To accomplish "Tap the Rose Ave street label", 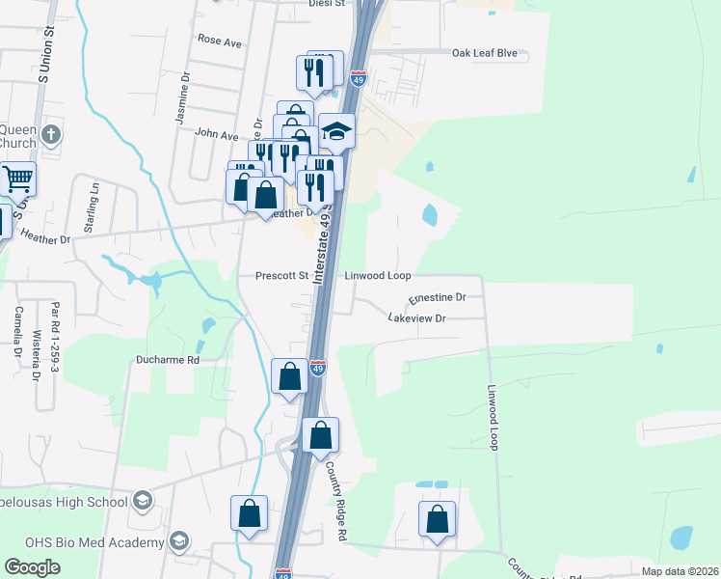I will tap(219, 41).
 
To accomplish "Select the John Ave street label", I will tap(216, 136).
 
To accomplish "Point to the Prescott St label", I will tap(281, 275).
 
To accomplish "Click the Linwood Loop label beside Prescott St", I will tap(378, 275).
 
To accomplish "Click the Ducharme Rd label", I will tap(166, 360).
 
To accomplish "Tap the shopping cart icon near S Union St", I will tap(17, 179).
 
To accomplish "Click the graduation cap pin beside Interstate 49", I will tap(337, 132).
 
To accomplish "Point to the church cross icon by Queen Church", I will tap(52, 134).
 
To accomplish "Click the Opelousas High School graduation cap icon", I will tap(142, 500).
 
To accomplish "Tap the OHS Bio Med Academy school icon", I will tap(177, 541).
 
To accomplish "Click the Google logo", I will tap(33, 567).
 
